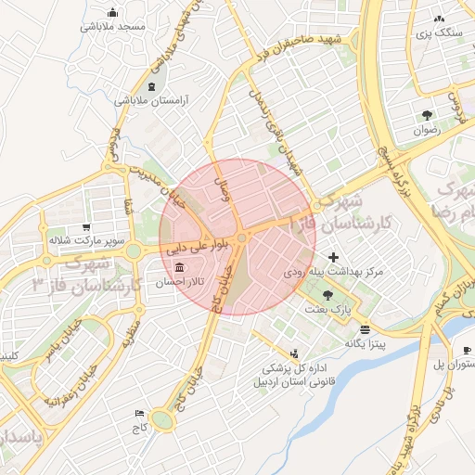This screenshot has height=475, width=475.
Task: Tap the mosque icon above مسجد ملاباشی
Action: click(113, 13)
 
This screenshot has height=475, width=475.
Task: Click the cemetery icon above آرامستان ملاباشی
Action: click(151, 86)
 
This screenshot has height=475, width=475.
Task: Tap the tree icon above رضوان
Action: click(426, 116)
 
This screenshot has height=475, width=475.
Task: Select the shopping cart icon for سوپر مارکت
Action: click(86, 226)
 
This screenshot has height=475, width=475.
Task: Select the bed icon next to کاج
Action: click(140, 413)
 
